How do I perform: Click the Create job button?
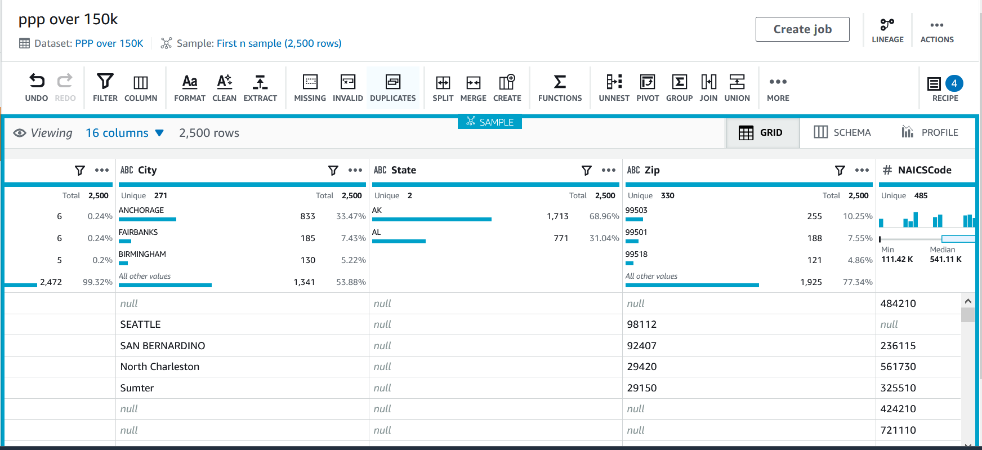(802, 29)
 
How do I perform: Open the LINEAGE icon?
(887, 30)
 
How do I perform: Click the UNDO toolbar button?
(37, 87)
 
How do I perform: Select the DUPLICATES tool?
(392, 87)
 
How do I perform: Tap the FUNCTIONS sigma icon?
(560, 82)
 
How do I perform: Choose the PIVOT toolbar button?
(648, 87)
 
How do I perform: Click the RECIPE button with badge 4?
(945, 87)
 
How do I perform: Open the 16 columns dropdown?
(124, 133)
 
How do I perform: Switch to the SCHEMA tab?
(842, 132)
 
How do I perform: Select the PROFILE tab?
(930, 132)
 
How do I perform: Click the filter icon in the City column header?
(333, 170)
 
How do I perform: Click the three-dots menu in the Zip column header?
(862, 170)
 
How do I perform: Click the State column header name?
(403, 170)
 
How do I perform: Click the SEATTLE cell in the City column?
(141, 324)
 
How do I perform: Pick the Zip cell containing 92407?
(642, 346)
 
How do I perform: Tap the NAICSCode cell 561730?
(898, 367)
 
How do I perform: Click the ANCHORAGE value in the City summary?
(141, 210)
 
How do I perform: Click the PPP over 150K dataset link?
(109, 43)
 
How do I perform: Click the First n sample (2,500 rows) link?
(279, 43)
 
